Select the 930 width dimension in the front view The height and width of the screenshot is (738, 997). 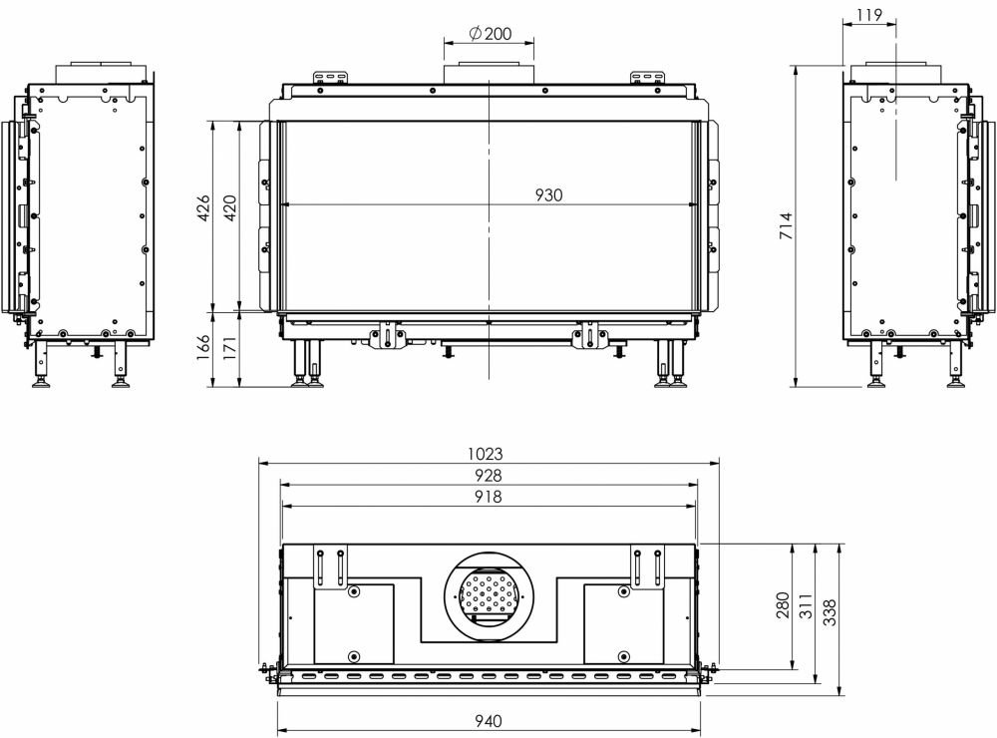tap(548, 195)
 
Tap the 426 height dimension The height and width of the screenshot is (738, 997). tap(203, 207)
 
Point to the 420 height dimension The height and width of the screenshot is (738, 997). tap(230, 207)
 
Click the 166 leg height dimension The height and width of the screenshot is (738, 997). tap(203, 348)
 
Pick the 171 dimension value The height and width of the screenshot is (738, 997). tap(230, 348)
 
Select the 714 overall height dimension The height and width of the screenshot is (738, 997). tap(787, 225)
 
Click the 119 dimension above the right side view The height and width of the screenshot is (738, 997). tap(869, 14)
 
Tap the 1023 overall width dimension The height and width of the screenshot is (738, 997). tap(486, 454)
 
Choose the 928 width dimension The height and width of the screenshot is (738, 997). tap(488, 476)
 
